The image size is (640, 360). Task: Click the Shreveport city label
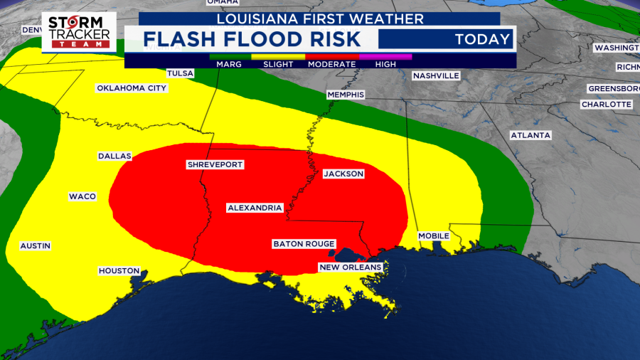click(215, 164)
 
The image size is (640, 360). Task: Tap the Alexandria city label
click(255, 208)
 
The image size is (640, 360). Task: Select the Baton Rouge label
click(304, 244)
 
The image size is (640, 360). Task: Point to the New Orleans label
click(350, 267)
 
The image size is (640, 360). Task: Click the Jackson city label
click(343, 174)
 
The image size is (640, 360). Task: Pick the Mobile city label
click(433, 235)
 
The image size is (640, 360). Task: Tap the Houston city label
click(119, 271)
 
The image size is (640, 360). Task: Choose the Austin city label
click(36, 245)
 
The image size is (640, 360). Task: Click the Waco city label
click(82, 196)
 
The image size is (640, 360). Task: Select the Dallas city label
click(114, 156)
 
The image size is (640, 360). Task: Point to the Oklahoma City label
click(132, 88)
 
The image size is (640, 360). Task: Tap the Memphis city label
click(346, 95)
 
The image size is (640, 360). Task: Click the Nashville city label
click(436, 75)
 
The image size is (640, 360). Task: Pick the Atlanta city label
click(530, 135)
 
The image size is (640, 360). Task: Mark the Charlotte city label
click(606, 104)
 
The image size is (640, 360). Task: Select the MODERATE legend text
click(331, 64)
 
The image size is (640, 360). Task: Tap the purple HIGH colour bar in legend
click(385, 55)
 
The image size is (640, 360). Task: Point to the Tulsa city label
click(180, 73)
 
